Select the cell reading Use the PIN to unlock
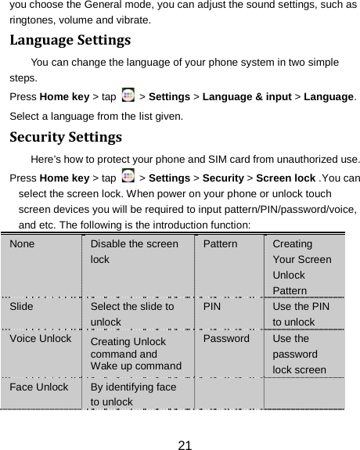click(x=301, y=314)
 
